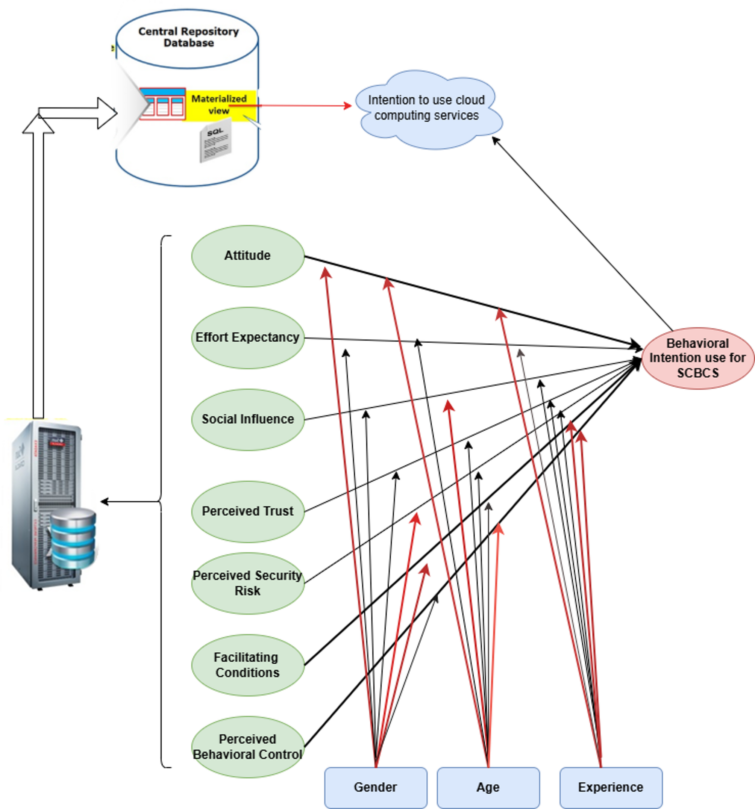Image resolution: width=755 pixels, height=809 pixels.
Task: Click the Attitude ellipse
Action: (248, 256)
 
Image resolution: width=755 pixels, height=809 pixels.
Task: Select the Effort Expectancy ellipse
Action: (248, 338)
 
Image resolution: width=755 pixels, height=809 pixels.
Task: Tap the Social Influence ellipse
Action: (248, 420)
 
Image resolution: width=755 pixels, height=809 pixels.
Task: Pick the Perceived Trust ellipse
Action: (248, 511)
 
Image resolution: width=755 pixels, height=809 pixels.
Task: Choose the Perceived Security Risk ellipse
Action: (248, 583)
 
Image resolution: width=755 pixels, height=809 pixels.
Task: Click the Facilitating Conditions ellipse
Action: (248, 665)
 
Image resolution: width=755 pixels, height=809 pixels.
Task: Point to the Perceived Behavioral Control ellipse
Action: (248, 747)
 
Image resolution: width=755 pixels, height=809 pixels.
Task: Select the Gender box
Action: (376, 788)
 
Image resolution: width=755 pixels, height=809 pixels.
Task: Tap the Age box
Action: (488, 788)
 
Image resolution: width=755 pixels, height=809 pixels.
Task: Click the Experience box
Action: (611, 788)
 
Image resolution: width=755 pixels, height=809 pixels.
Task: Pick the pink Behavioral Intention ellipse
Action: (697, 358)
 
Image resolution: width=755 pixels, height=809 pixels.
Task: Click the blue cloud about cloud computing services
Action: (428, 108)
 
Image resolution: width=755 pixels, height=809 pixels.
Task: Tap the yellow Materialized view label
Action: (220, 104)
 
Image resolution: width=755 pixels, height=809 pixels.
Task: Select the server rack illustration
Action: (45, 505)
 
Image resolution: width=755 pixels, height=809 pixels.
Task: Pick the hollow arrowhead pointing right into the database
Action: (107, 113)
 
